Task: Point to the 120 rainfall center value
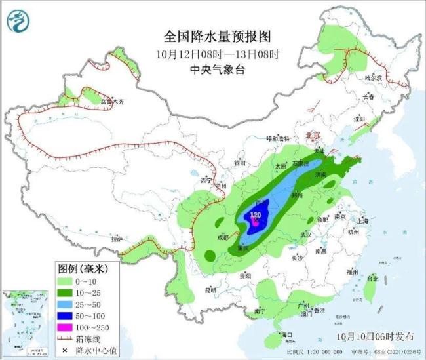pos(256,214)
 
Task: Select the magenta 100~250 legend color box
pos(66,327)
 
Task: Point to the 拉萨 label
pos(117,239)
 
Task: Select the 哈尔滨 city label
pos(373,77)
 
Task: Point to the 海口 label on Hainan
pos(286,335)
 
